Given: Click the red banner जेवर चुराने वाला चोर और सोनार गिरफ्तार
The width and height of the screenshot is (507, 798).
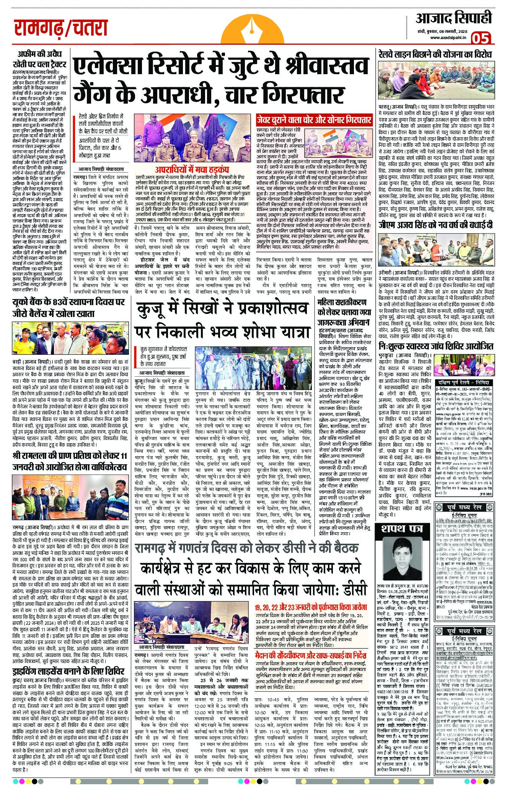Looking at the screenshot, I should (314, 120).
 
